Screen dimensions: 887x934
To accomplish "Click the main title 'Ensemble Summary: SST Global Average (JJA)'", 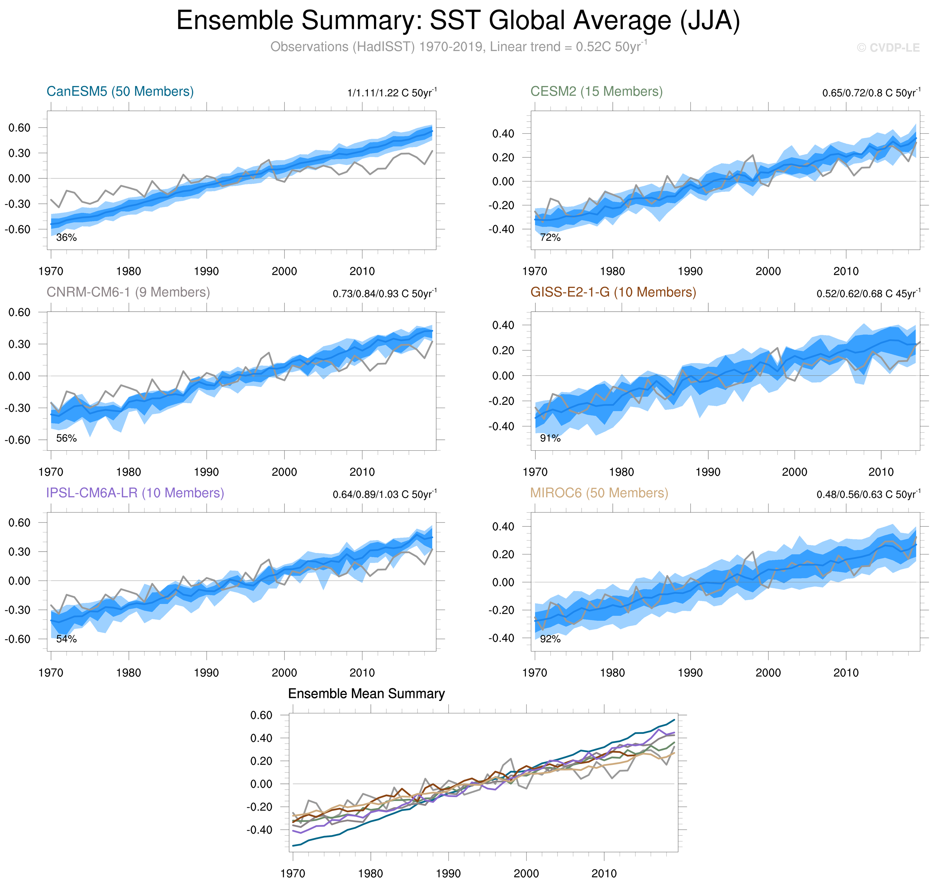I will pos(458,21).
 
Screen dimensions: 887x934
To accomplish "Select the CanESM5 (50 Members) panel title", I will pos(120,91).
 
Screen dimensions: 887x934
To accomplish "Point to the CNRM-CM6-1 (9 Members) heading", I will pos(128,292).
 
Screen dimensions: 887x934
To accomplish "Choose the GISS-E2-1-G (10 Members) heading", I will pos(613,292).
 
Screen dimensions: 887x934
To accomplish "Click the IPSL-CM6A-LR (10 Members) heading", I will pos(135,493).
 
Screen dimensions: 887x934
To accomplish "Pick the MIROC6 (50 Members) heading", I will pos(599,493).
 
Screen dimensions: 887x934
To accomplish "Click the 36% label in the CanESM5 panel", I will pos(66,237).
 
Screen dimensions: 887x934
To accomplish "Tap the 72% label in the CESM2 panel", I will pos(550,237).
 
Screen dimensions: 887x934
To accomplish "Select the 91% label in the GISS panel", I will pos(550,438).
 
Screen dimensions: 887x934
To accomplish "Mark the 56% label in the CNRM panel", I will pos(66,438).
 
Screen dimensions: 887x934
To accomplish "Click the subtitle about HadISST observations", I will pos(458,47).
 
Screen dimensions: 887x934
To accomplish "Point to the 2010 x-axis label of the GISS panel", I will pos(881,472).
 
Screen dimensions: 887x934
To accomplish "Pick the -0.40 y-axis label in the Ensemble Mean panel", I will pos(259,830).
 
